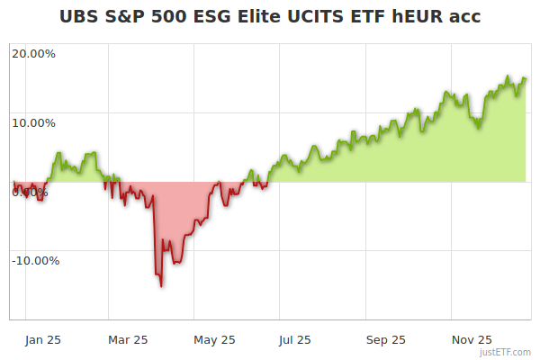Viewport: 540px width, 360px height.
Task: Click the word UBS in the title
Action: click(x=79, y=16)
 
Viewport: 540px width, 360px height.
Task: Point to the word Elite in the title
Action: click(x=260, y=16)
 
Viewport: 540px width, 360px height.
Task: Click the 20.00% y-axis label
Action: click(x=33, y=54)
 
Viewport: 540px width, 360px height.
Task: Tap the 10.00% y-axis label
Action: click(x=33, y=123)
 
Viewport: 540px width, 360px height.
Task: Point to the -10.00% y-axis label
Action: click(x=35, y=261)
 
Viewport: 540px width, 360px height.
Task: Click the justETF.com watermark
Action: click(x=506, y=353)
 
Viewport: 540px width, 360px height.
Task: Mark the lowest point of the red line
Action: click(x=161, y=286)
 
